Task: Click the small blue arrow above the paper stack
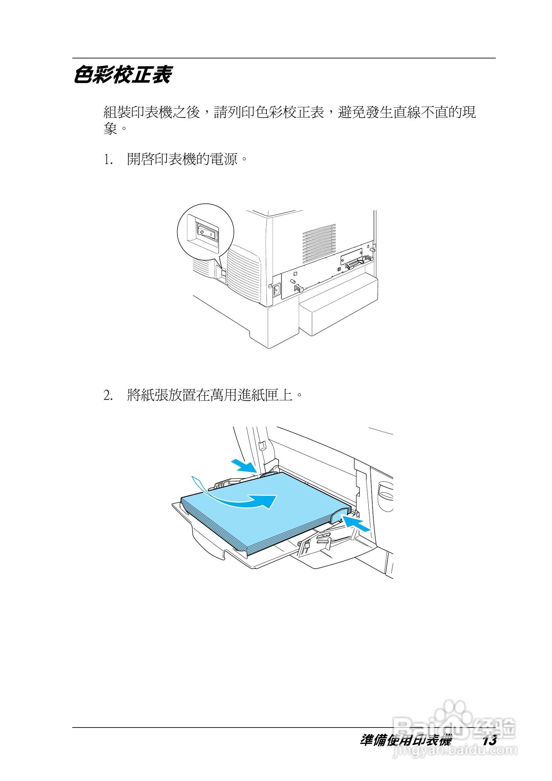coord(244,465)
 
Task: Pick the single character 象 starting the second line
coord(110,130)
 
